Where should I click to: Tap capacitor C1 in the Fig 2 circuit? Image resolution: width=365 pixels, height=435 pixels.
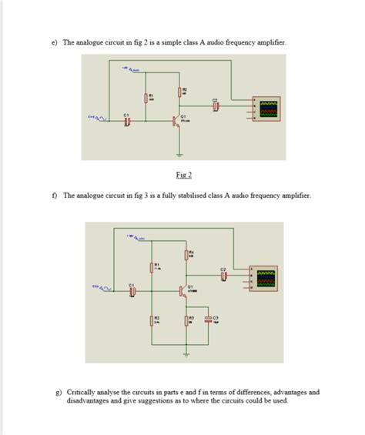tap(128, 122)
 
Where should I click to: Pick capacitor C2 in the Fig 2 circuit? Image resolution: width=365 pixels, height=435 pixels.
tap(216, 106)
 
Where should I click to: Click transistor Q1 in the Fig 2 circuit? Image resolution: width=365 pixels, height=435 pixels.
tap(179, 121)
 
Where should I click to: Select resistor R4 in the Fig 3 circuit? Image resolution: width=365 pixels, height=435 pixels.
tap(186, 255)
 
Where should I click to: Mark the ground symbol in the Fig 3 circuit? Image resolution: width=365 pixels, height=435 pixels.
tap(186, 354)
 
